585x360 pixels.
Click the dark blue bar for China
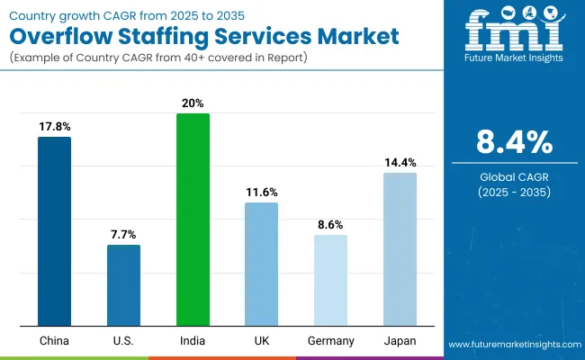tap(54, 231)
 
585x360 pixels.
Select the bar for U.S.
tap(123, 285)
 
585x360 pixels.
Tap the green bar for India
tap(193, 220)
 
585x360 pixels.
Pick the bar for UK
tap(261, 265)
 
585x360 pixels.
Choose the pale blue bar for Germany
tap(330, 281)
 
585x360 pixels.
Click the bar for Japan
tap(400, 249)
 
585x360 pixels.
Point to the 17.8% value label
tap(54, 127)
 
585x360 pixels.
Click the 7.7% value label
tap(123, 235)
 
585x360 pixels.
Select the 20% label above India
tap(193, 103)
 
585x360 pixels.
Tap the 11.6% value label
tap(261, 193)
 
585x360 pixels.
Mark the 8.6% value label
tap(330, 225)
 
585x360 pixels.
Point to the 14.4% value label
tap(400, 163)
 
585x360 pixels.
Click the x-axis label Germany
tap(330, 341)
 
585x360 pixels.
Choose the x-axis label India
tap(193, 341)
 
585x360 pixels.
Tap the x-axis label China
tap(54, 341)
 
